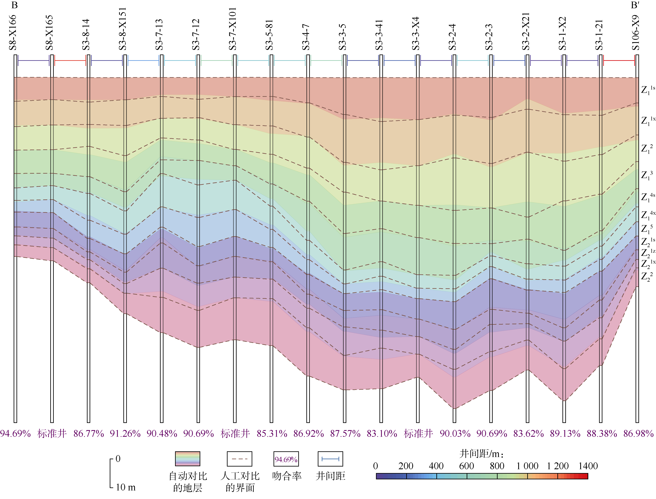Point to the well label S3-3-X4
click(416, 34)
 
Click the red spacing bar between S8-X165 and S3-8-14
click(70, 61)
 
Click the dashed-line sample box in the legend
click(240, 459)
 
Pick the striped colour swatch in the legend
click(188, 459)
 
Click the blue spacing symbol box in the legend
click(330, 459)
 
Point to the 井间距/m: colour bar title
click(482, 454)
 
